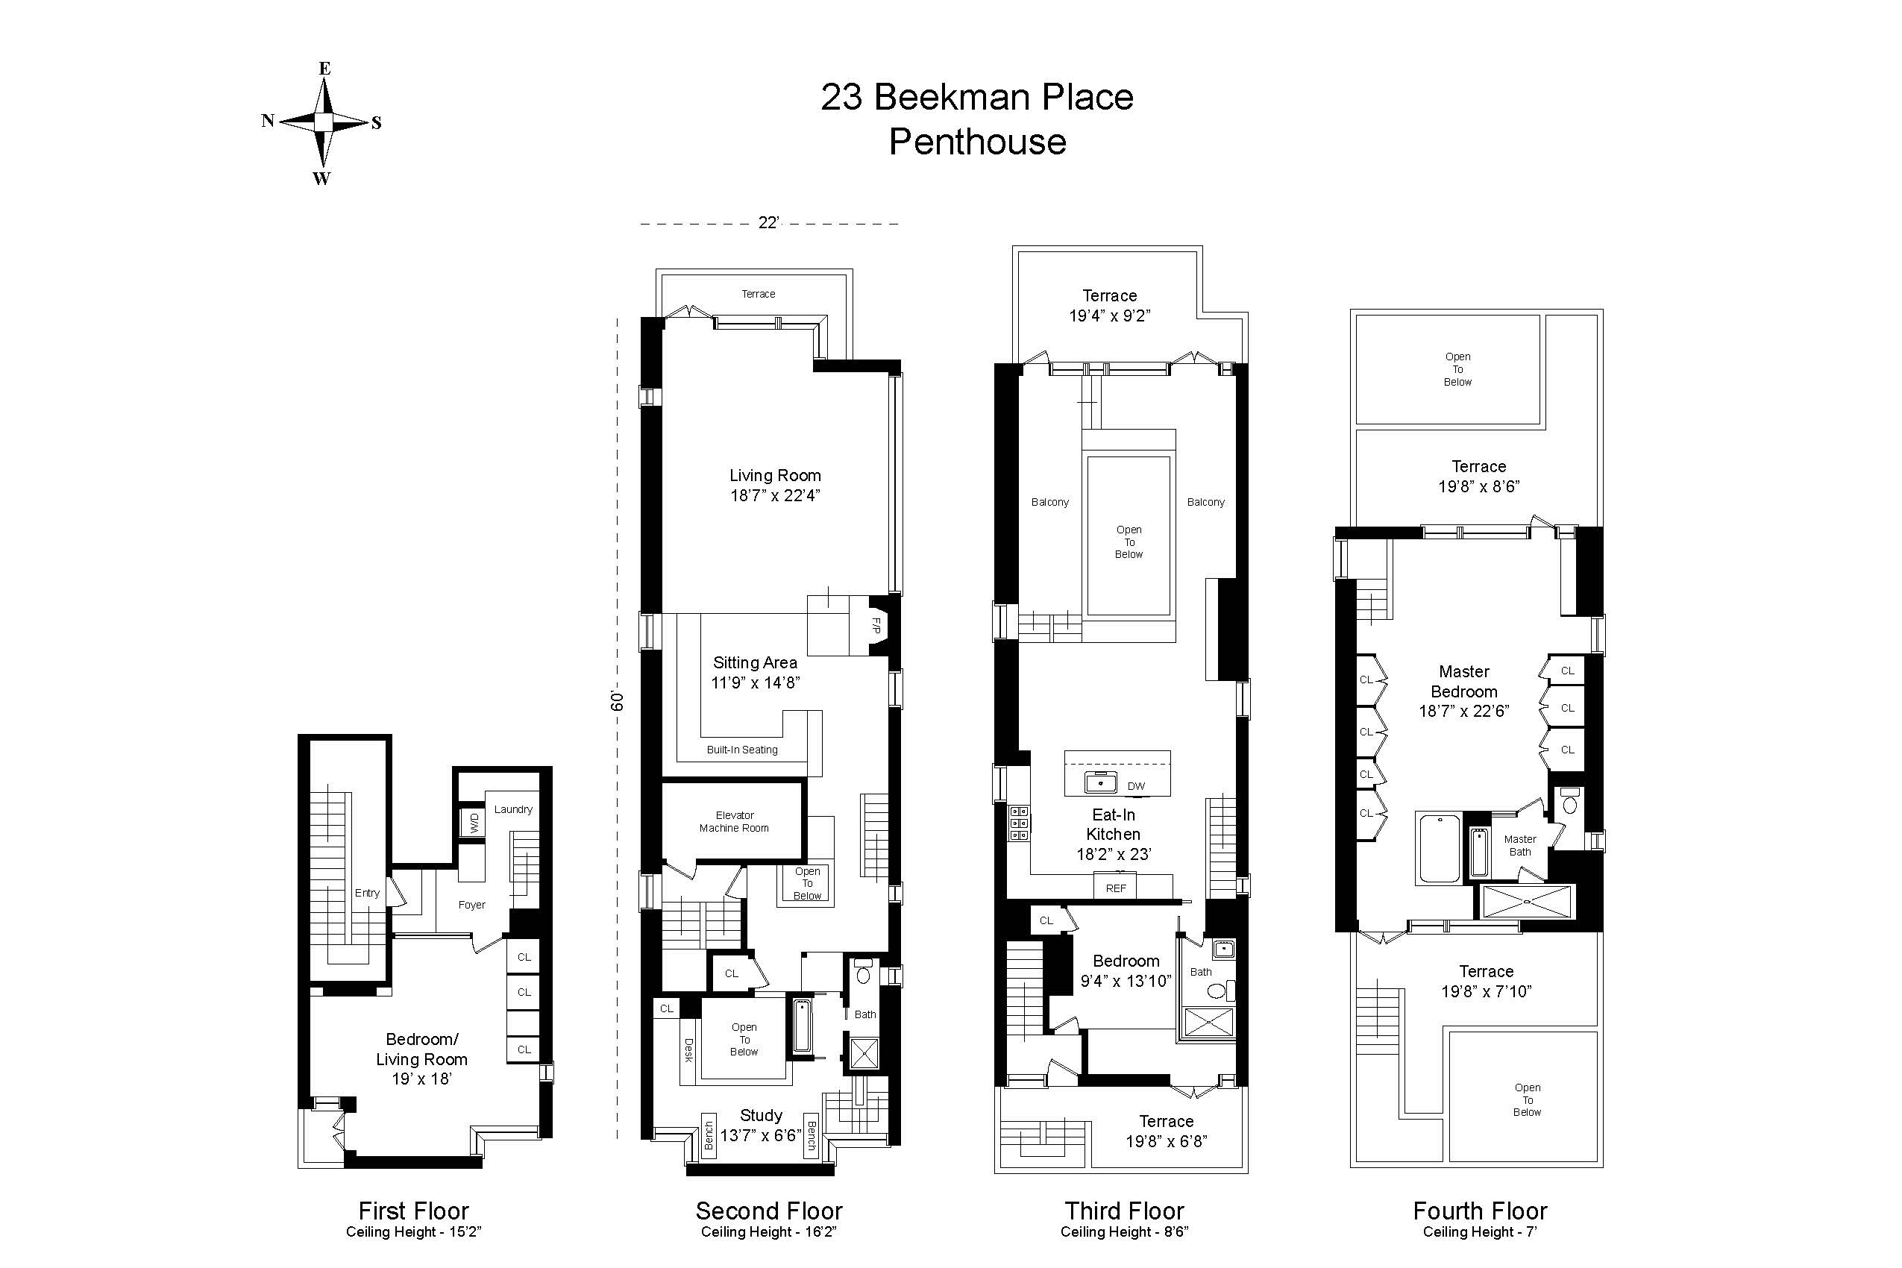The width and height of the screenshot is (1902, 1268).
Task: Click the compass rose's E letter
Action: tap(324, 69)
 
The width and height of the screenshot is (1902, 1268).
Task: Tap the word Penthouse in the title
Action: tap(977, 142)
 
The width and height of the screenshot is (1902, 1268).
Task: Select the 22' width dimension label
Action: tap(768, 223)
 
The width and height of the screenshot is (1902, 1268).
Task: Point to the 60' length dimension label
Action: tap(618, 700)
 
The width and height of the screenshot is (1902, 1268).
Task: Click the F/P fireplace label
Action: tap(876, 625)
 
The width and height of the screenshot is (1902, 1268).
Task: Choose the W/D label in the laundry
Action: tap(474, 823)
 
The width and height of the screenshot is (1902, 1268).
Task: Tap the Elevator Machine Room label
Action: tap(734, 822)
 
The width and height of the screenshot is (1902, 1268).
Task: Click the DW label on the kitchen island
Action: tap(1135, 786)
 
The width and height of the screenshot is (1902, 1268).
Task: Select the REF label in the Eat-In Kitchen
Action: tap(1115, 888)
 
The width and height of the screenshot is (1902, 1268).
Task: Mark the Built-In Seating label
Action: tap(741, 750)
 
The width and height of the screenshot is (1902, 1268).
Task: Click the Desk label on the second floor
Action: tap(689, 1050)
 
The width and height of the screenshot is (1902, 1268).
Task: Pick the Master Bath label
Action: tap(1519, 845)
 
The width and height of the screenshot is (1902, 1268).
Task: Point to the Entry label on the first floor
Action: tap(367, 893)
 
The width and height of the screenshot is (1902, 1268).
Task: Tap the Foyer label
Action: tap(471, 905)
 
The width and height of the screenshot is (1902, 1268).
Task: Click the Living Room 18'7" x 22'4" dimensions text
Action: tap(775, 496)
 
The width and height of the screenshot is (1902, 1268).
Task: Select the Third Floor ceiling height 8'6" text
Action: tap(1124, 1231)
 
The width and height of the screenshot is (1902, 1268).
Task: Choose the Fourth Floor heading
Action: tap(1479, 1211)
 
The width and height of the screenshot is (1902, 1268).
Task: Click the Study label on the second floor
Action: tap(761, 1115)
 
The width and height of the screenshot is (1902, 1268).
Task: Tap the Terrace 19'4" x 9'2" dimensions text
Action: tap(1110, 316)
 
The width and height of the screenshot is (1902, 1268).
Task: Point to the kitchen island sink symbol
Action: tap(1101, 782)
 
